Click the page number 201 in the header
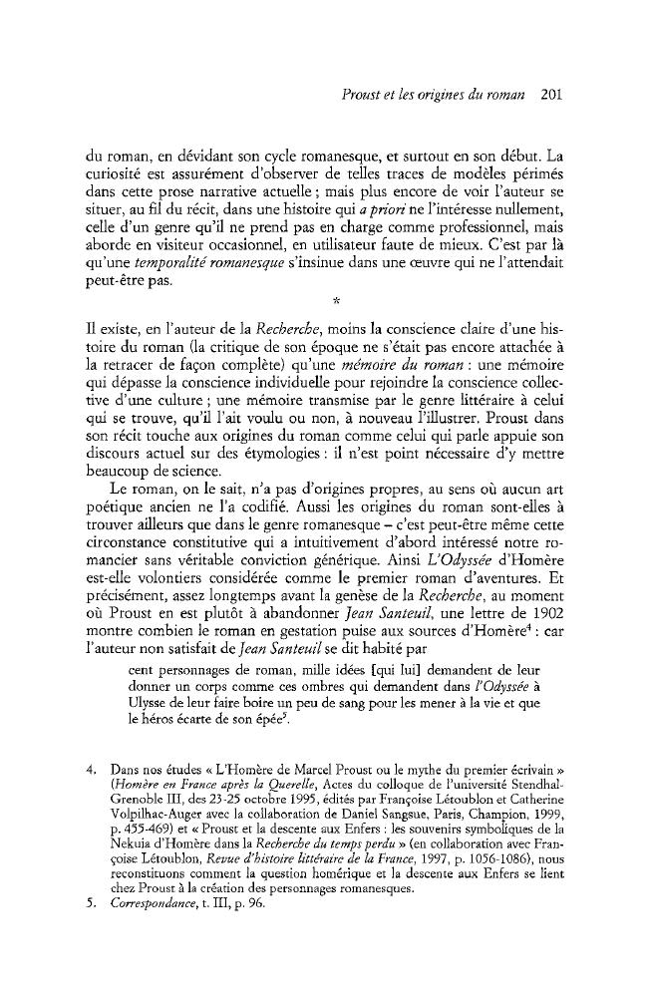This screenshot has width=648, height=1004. tap(552, 97)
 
